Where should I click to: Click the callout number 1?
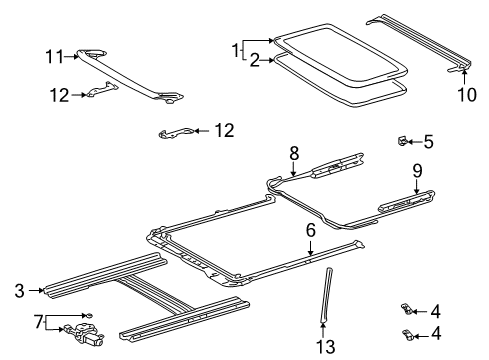[237, 48]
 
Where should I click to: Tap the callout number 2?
[254, 61]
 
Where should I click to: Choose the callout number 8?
[294, 152]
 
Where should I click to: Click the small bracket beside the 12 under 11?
[99, 91]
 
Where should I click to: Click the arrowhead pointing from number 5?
[413, 140]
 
